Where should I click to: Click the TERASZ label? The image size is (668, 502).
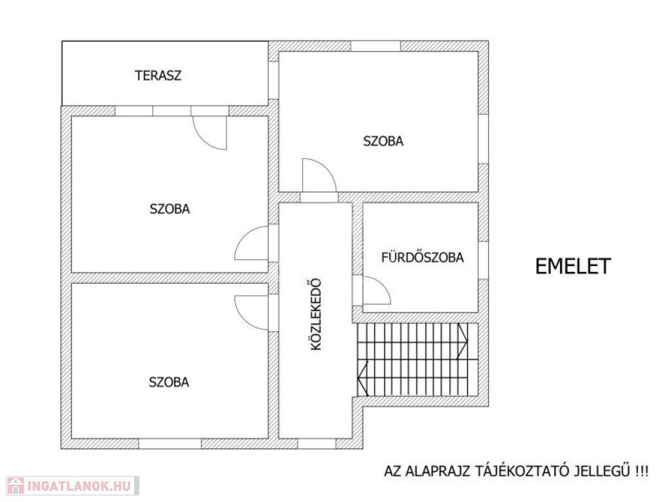[x=158, y=75]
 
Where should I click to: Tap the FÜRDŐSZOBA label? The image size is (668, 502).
[x=422, y=257]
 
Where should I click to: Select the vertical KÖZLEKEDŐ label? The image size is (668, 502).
[x=316, y=314]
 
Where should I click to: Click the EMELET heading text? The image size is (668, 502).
[x=573, y=266]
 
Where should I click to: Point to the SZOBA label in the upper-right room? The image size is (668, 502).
[x=383, y=141]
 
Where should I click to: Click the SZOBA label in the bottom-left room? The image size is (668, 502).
[x=169, y=382]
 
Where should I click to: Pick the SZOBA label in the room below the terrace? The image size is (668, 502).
[x=169, y=209]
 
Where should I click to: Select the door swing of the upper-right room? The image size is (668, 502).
[x=319, y=175]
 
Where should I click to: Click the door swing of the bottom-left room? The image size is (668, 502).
[x=251, y=313]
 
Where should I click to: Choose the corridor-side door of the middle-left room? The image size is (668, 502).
[x=251, y=243]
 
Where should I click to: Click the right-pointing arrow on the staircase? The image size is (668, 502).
[x=462, y=341]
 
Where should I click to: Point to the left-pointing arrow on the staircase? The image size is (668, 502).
[x=362, y=378]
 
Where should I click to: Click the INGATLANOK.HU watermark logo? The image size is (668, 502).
[x=73, y=486]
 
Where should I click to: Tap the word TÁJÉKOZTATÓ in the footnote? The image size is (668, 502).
[x=523, y=471]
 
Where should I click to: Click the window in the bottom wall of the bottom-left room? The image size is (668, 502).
[x=169, y=444]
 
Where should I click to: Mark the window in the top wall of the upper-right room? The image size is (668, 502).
[x=376, y=46]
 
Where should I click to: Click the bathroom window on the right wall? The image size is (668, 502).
[x=483, y=261]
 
